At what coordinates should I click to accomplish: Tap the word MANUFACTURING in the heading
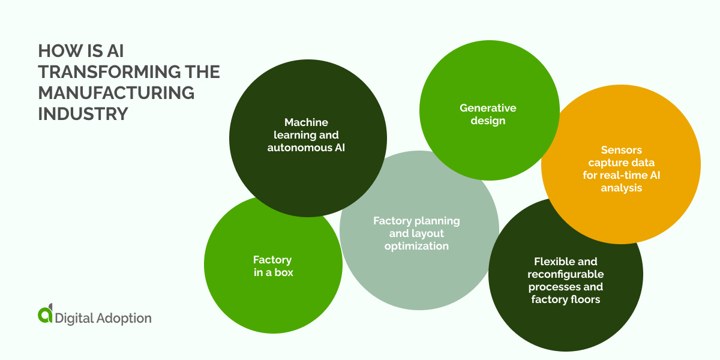click(116, 93)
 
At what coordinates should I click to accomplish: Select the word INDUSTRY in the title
click(83, 113)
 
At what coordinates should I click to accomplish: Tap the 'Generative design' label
click(488, 114)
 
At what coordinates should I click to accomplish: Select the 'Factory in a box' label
click(272, 266)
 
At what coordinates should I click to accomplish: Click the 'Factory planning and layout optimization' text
click(416, 233)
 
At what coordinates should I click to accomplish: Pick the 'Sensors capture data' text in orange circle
click(621, 169)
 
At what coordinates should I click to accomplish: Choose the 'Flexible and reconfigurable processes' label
click(565, 280)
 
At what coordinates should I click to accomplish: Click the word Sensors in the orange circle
click(621, 150)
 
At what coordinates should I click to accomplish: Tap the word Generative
click(488, 108)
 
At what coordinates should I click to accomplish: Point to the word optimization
click(416, 246)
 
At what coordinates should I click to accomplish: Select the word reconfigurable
click(565, 274)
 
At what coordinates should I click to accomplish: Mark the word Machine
click(306, 122)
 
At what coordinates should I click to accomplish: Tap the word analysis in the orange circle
click(621, 188)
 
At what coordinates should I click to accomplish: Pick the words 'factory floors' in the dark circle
click(565, 299)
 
